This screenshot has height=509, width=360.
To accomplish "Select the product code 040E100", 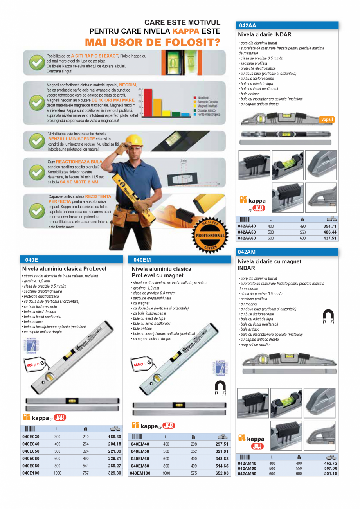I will point(31,473).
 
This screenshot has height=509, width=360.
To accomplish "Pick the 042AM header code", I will point(247,252).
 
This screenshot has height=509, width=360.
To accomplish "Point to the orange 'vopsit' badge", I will point(327,119).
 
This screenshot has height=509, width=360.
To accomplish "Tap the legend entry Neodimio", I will point(203,97).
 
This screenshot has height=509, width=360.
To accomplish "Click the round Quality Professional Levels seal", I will point(210,235).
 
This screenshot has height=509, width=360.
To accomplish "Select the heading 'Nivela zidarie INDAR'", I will point(265,34).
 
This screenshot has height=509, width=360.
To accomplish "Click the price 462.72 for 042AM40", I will point(330,463).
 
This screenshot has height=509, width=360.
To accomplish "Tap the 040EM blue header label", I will point(142,259).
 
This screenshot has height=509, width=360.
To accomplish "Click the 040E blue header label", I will point(31,259).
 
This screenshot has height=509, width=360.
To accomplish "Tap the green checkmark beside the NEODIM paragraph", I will point(37,102).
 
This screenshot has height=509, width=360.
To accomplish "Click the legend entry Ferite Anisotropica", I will point(209,115).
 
